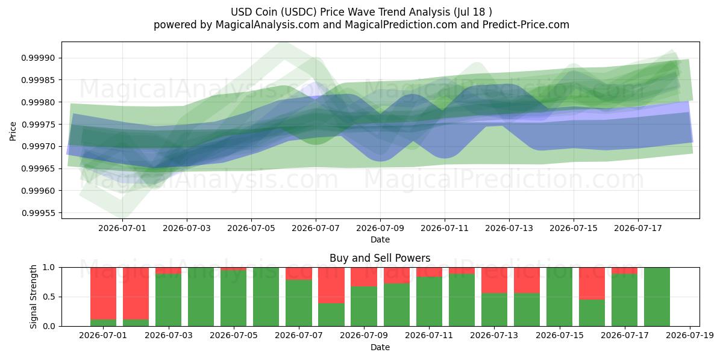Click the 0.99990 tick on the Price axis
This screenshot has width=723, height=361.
coord(38,58)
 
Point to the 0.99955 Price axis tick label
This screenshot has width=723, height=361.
coord(38,213)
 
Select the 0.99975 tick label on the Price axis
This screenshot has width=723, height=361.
coord(38,125)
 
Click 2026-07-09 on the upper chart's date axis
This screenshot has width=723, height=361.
coord(380,228)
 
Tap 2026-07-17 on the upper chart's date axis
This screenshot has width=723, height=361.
coord(638,228)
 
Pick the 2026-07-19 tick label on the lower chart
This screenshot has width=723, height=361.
coord(690,336)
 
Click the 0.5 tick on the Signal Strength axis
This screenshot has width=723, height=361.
coord(49,297)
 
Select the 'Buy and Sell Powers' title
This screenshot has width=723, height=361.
coord(380,258)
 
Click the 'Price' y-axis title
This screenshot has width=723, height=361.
coord(13,131)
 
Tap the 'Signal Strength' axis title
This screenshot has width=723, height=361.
coord(33,297)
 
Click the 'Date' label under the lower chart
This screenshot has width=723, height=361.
coord(380,347)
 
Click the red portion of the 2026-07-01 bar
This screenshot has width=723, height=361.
coord(103,294)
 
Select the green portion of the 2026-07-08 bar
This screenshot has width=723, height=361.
coord(331,315)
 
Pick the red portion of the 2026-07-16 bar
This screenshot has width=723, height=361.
coord(592,283)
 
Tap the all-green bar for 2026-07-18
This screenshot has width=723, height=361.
coord(657,297)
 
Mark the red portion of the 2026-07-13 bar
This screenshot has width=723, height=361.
coord(495,280)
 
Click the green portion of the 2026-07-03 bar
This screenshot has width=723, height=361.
coord(169,300)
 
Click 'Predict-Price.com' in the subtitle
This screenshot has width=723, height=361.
coord(526,25)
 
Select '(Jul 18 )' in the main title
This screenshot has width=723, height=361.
coord(472,12)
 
